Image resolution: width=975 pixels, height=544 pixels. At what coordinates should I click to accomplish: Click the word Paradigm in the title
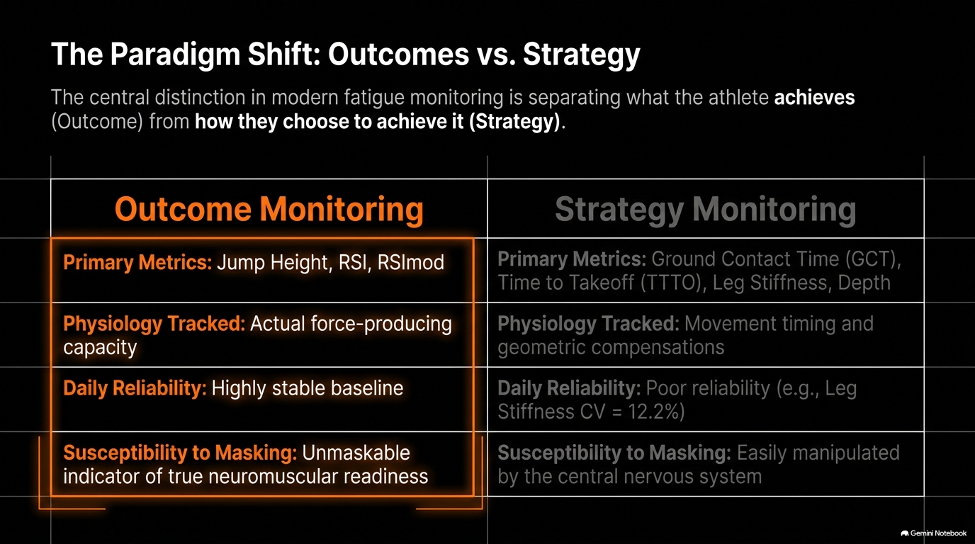pos(175,55)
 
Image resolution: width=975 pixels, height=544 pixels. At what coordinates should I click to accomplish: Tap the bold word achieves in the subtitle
pos(814,97)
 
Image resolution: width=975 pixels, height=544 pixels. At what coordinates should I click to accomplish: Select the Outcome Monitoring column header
pos(269,210)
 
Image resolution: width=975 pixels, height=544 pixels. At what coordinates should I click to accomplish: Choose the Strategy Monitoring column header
pos(706,210)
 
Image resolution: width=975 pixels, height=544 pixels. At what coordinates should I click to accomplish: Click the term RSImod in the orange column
pos(411,262)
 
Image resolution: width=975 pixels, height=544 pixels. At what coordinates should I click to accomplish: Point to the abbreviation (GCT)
pos(873,259)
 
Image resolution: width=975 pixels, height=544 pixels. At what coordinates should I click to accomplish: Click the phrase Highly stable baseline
pos(308,388)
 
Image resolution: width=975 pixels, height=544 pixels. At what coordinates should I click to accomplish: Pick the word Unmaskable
pos(356,453)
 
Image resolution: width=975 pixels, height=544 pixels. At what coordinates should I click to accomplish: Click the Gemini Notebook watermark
pos(934,533)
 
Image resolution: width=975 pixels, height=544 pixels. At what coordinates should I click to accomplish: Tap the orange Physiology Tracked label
pos(154,324)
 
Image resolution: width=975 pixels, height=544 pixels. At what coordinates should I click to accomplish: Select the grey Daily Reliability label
pos(569,388)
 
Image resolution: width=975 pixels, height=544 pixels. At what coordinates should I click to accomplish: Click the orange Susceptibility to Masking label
pos(180,453)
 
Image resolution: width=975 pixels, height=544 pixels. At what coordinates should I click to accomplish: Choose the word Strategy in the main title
pos(582,55)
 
